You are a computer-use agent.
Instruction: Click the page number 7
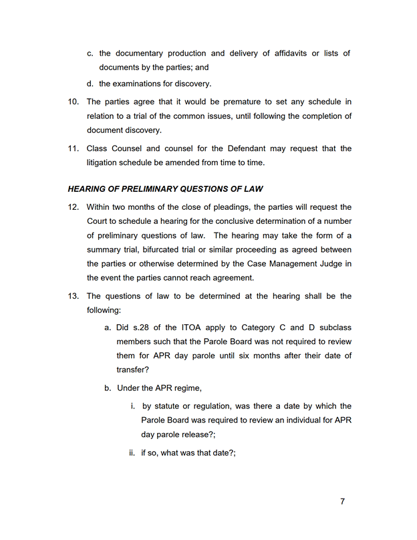[x=342, y=501]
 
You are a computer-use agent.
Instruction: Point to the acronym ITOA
[x=192, y=327]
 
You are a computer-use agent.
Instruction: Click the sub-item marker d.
[x=90, y=84]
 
